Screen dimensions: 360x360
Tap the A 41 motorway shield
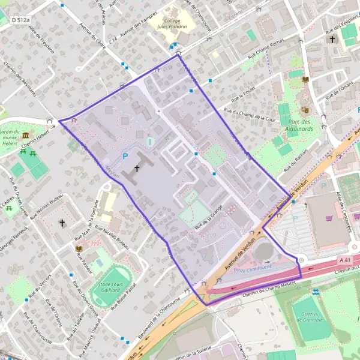coord(344,260)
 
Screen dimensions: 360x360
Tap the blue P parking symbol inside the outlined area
coord(125,156)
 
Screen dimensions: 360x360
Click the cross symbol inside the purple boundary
coord(137,169)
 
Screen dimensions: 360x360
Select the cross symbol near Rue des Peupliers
coord(332,40)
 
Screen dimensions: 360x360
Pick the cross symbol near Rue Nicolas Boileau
coord(61,223)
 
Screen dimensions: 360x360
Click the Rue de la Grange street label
coord(208,217)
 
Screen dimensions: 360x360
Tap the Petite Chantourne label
coord(253,268)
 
